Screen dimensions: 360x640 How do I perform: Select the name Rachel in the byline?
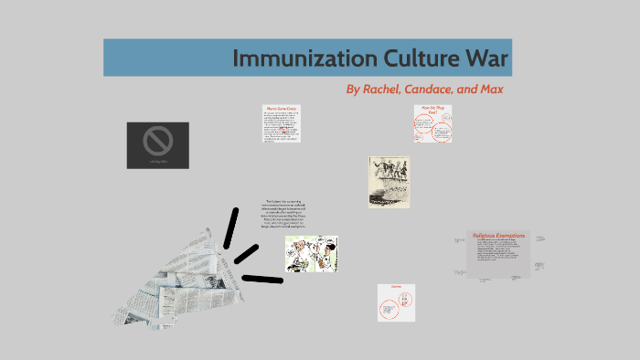[x=389, y=90]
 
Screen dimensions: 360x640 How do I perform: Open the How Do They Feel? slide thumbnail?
[x=432, y=122]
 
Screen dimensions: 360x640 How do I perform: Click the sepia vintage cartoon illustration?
[x=389, y=182]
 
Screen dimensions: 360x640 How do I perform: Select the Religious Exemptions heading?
[x=498, y=236]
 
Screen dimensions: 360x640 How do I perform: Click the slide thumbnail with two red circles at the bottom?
[x=396, y=302]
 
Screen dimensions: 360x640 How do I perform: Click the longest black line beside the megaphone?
[x=262, y=277]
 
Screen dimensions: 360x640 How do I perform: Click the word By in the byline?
[x=354, y=90]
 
